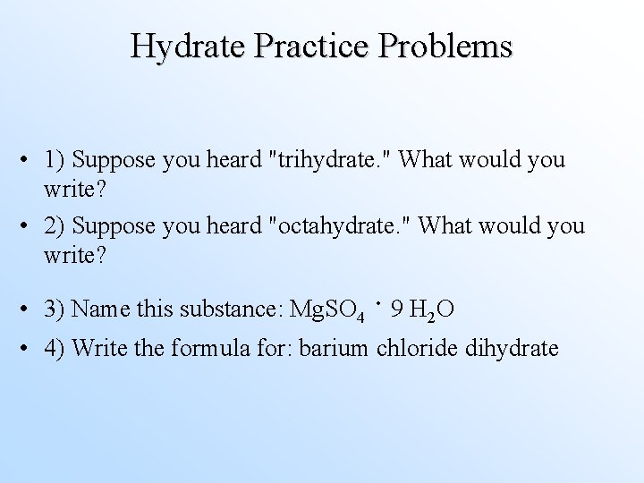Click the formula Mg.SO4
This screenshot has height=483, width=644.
(x=327, y=310)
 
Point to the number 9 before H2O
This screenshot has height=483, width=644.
(x=395, y=309)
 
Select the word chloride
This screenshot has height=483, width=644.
(x=418, y=347)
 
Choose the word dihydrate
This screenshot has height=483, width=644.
(x=512, y=347)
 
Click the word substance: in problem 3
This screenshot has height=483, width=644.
(x=231, y=309)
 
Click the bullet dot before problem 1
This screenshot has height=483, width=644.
(x=31, y=161)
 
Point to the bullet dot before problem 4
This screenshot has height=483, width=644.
(x=31, y=348)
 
